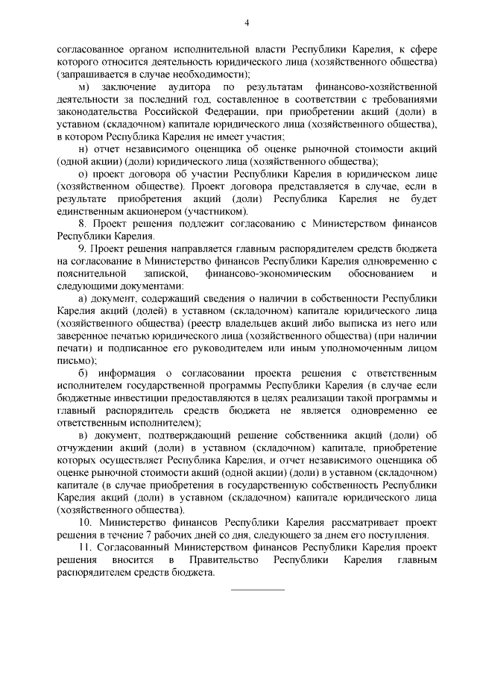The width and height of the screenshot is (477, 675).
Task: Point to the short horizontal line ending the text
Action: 258,589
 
